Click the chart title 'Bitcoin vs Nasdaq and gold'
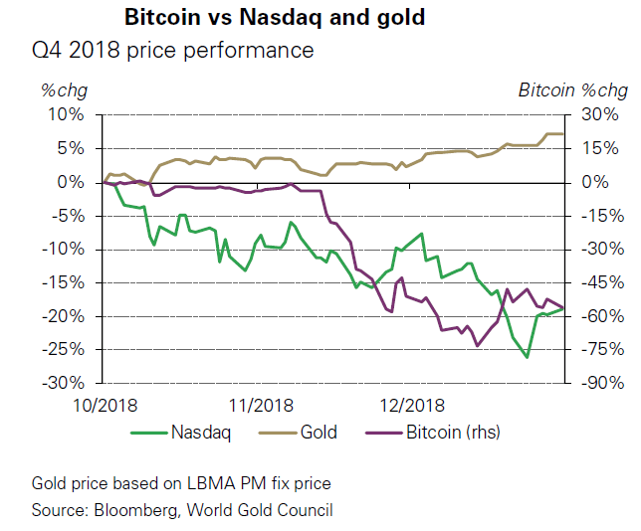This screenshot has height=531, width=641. [x=275, y=18]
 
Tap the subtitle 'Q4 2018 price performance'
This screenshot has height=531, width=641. [x=172, y=51]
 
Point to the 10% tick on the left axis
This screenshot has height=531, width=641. [x=67, y=114]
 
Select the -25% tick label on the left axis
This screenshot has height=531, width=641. [x=64, y=350]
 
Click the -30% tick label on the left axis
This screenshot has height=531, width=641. [x=64, y=383]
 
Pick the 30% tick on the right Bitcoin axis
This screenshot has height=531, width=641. [x=600, y=114]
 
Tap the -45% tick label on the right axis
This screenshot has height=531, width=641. [x=603, y=282]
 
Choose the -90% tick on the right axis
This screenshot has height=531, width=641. [x=603, y=383]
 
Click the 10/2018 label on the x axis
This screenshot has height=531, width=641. [x=106, y=406]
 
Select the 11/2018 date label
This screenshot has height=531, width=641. [x=261, y=406]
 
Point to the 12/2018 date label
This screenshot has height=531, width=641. [x=412, y=406]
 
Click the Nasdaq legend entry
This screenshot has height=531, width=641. [x=181, y=433]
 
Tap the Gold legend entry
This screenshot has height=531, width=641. [x=298, y=433]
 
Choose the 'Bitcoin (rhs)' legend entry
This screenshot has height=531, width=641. [x=433, y=433]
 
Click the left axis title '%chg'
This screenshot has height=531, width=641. [x=64, y=90]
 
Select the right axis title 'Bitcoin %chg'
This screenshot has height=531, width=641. [x=573, y=90]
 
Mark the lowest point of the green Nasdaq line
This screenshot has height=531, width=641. [x=527, y=357]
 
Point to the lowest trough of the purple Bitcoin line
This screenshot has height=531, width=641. [x=477, y=346]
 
